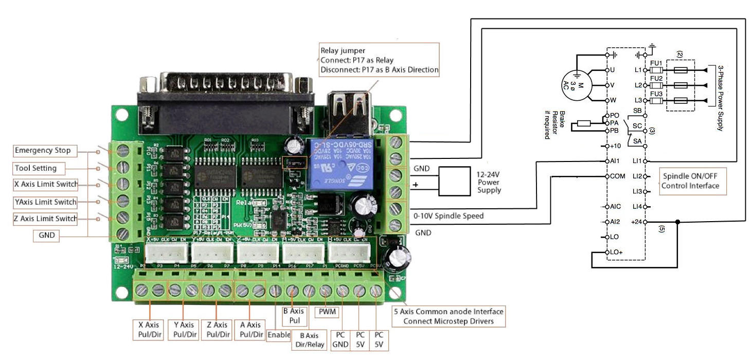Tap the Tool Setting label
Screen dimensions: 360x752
[x=35, y=168]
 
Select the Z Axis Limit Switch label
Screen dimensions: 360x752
[x=46, y=219]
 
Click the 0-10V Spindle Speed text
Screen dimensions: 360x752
[x=449, y=216]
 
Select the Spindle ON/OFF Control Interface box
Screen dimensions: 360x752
[x=690, y=181]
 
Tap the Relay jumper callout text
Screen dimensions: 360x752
[x=379, y=60]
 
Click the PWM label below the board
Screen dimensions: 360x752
[x=325, y=312]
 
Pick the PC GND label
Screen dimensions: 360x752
[x=340, y=339]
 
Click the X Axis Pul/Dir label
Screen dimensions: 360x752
[x=149, y=330]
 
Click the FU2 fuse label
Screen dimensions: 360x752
[x=656, y=78]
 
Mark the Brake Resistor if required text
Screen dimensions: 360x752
[x=551, y=124]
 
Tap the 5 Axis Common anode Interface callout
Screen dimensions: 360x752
[x=448, y=316]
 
